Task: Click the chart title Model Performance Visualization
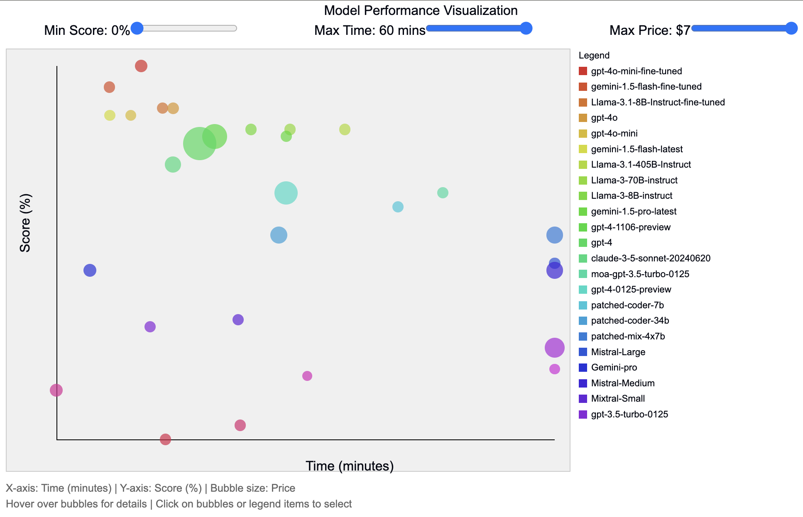tap(420, 10)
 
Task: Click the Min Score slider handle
tap(137, 28)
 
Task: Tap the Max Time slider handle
tap(526, 28)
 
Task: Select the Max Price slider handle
tap(791, 28)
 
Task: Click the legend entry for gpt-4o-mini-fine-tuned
tap(636, 71)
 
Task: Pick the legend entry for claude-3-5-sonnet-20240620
tap(650, 258)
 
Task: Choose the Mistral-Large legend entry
tap(618, 352)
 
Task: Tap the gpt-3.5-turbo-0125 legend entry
tap(629, 415)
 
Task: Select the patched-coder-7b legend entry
tap(627, 305)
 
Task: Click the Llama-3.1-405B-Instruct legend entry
tap(641, 165)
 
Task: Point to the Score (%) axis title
tap(25, 223)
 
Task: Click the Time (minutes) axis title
tap(350, 466)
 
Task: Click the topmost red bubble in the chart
tap(141, 66)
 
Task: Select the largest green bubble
tap(200, 144)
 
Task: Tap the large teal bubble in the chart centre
tap(286, 193)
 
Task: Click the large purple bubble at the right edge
tap(555, 348)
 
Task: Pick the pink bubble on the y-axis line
tap(56, 390)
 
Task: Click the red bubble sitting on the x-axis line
tap(165, 439)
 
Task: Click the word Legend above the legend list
tap(594, 56)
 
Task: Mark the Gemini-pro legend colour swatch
tap(583, 368)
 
